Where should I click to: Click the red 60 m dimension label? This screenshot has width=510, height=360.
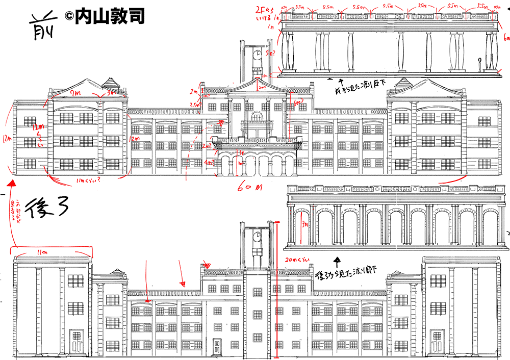coord(250,187)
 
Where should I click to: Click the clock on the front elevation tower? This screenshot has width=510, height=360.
coord(258,53)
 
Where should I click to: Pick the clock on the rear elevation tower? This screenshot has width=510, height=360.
coord(258,236)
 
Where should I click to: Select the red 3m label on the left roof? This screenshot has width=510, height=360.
coord(111,93)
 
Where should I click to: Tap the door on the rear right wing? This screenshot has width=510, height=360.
coord(437,341)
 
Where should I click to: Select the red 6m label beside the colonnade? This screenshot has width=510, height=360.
coord(505,39)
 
